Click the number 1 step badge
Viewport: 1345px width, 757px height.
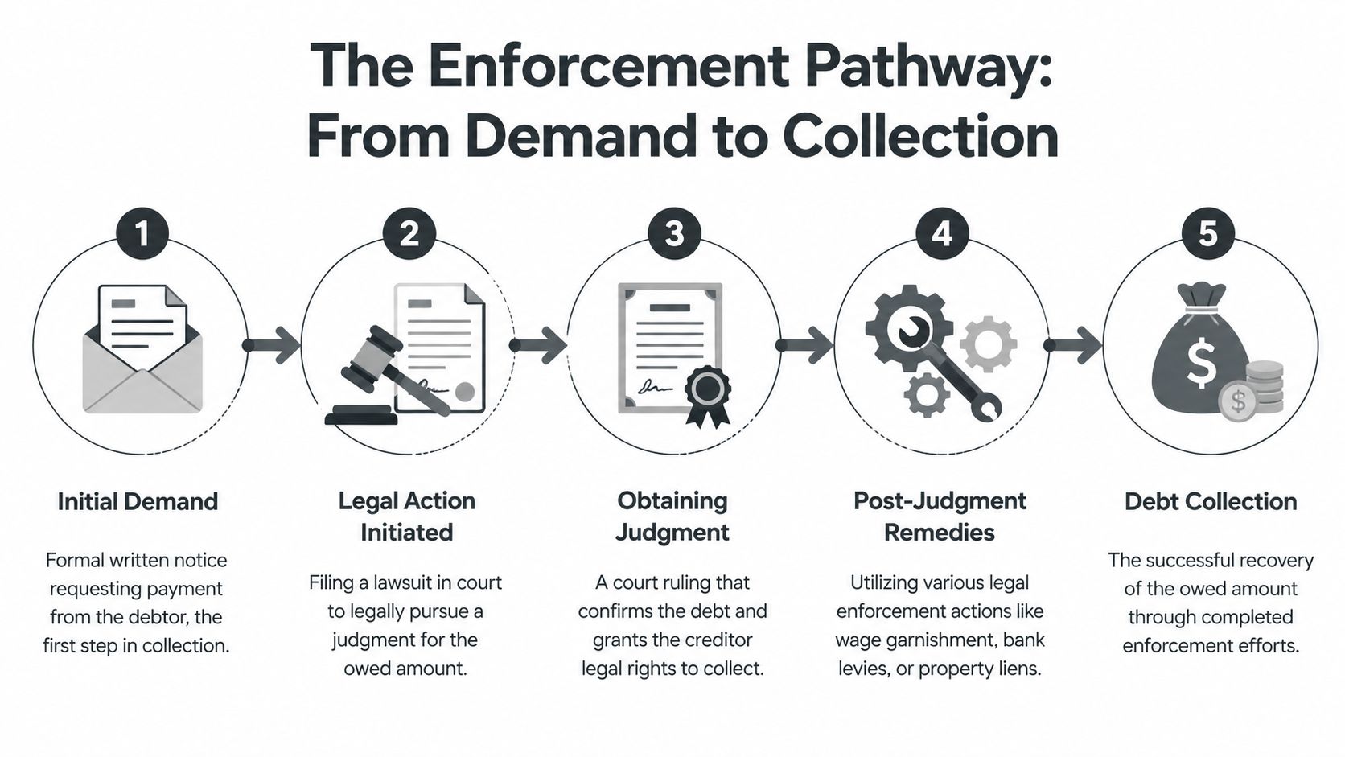pyautogui.click(x=142, y=234)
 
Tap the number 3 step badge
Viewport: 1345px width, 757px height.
pyautogui.click(x=674, y=234)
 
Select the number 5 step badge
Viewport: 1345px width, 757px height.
pyautogui.click(x=1207, y=234)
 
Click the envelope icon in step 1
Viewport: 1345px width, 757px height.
pyautogui.click(x=142, y=362)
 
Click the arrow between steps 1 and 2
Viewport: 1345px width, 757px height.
pyautogui.click(x=274, y=345)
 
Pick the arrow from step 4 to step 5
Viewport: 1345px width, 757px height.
pyautogui.click(x=1074, y=345)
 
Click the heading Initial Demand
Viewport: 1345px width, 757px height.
pyautogui.click(x=138, y=501)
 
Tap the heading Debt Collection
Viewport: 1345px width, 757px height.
pyautogui.click(x=1210, y=501)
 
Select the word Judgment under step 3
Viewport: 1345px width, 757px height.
pyautogui.click(x=672, y=533)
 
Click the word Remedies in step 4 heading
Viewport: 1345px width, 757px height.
pyautogui.click(x=939, y=533)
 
